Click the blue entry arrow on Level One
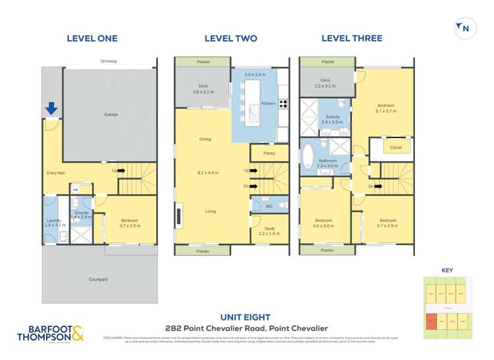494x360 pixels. [51, 107]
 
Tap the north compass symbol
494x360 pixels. [464, 28]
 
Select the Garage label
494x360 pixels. [111, 115]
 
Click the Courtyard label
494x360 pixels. [98, 279]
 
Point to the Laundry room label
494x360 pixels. [53, 220]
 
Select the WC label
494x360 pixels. [269, 207]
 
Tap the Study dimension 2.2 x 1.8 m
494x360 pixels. [269, 234]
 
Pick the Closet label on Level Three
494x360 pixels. [396, 147]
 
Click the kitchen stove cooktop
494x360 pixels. [284, 103]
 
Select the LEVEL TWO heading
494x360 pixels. [231, 38]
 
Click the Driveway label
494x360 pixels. [109, 61]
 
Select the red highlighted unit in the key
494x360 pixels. [431, 322]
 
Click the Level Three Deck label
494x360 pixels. [325, 80]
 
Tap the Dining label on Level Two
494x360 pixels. [205, 139]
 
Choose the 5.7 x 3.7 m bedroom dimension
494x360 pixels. [387, 111]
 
